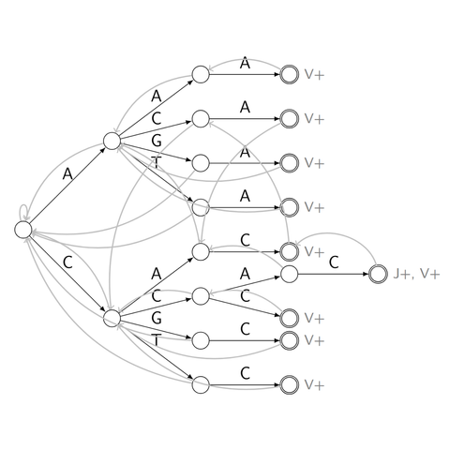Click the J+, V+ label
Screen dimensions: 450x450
[x=416, y=274]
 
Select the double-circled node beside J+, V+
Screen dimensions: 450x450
[x=378, y=274]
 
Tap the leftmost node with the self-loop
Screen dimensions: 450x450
[x=23, y=230]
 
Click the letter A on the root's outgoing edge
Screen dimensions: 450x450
[x=67, y=173]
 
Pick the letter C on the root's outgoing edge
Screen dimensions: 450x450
[x=67, y=262]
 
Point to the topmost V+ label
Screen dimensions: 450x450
[x=314, y=75]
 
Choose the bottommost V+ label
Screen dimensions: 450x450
[x=314, y=385]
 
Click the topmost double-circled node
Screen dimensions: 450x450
[x=290, y=75]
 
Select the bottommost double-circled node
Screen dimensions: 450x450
[x=290, y=385]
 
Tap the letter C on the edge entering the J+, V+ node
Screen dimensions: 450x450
[x=334, y=262]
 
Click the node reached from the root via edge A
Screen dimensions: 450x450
[x=112, y=141]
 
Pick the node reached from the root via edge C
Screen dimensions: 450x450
[x=112, y=319]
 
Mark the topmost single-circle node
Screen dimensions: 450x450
[x=201, y=75]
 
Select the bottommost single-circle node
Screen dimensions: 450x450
[x=201, y=385]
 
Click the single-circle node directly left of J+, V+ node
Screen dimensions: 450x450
[x=290, y=274]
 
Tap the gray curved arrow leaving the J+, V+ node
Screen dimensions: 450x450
[x=336, y=232]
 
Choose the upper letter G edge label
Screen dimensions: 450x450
[x=157, y=141]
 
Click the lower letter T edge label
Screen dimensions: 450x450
[x=157, y=340]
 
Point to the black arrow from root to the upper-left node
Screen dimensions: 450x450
[x=67, y=185]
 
